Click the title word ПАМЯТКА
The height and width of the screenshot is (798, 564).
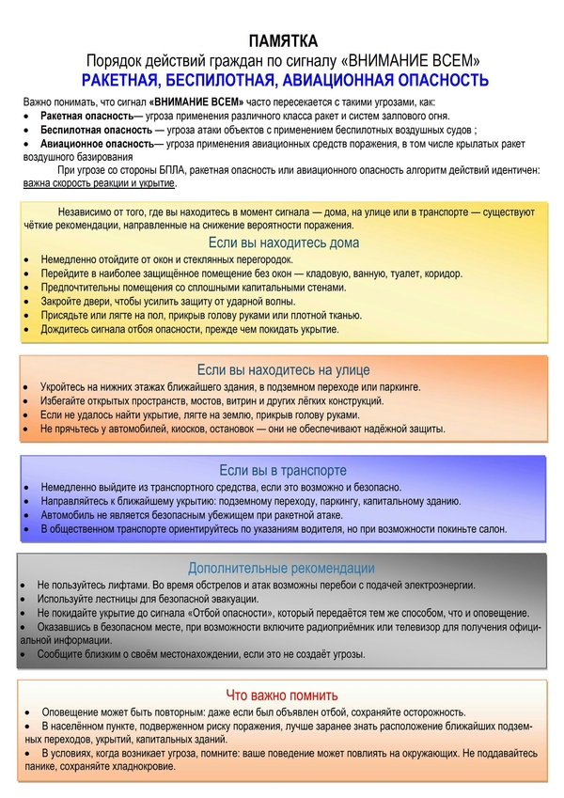tap(283, 40)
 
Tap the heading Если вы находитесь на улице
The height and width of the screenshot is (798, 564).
tap(283, 369)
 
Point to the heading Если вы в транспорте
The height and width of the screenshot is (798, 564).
tap(283, 470)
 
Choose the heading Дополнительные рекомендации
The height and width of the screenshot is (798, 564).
tap(282, 568)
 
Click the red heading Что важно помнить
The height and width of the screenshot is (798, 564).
tap(282, 696)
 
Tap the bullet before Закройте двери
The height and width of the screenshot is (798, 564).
tap(28, 302)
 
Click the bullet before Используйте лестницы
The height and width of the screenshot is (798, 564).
tap(24, 599)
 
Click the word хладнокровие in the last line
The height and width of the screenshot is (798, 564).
tap(145, 767)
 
